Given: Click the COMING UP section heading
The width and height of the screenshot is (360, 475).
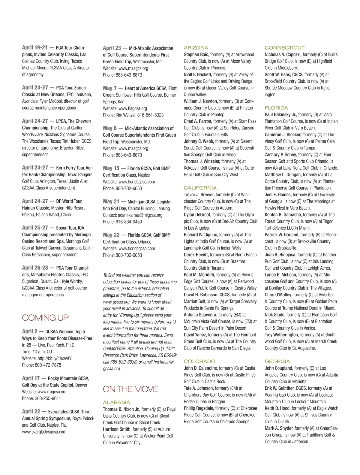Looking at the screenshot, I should click(x=45, y=318).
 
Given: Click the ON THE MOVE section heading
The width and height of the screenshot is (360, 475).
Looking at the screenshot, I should click(x=130, y=389).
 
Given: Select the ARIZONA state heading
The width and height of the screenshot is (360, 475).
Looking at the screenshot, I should click(x=196, y=48).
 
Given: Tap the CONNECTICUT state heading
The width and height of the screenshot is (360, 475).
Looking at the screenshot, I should click(x=284, y=48).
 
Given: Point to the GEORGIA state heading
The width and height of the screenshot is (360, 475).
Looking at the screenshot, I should click(x=277, y=362).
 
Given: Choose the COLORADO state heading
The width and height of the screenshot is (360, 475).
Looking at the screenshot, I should click(x=199, y=362).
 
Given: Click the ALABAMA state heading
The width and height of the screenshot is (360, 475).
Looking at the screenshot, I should click(x=116, y=402).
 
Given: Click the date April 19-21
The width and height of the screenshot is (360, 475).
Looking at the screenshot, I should click(x=35, y=47).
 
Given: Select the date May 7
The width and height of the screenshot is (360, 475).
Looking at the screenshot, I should click(x=110, y=88).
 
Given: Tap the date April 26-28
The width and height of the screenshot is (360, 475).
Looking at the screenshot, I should click(x=35, y=268).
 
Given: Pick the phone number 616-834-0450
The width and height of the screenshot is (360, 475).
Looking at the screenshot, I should click(x=129, y=222).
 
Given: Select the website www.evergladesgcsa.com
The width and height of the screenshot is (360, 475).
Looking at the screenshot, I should click(x=44, y=432).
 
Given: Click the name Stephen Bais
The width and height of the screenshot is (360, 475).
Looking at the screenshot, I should click(x=196, y=55).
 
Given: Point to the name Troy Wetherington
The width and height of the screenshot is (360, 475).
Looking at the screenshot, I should click(x=281, y=335).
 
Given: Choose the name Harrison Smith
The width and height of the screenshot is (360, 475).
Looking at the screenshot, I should click(x=117, y=429).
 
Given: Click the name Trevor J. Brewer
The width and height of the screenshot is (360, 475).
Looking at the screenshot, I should click(x=199, y=195).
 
